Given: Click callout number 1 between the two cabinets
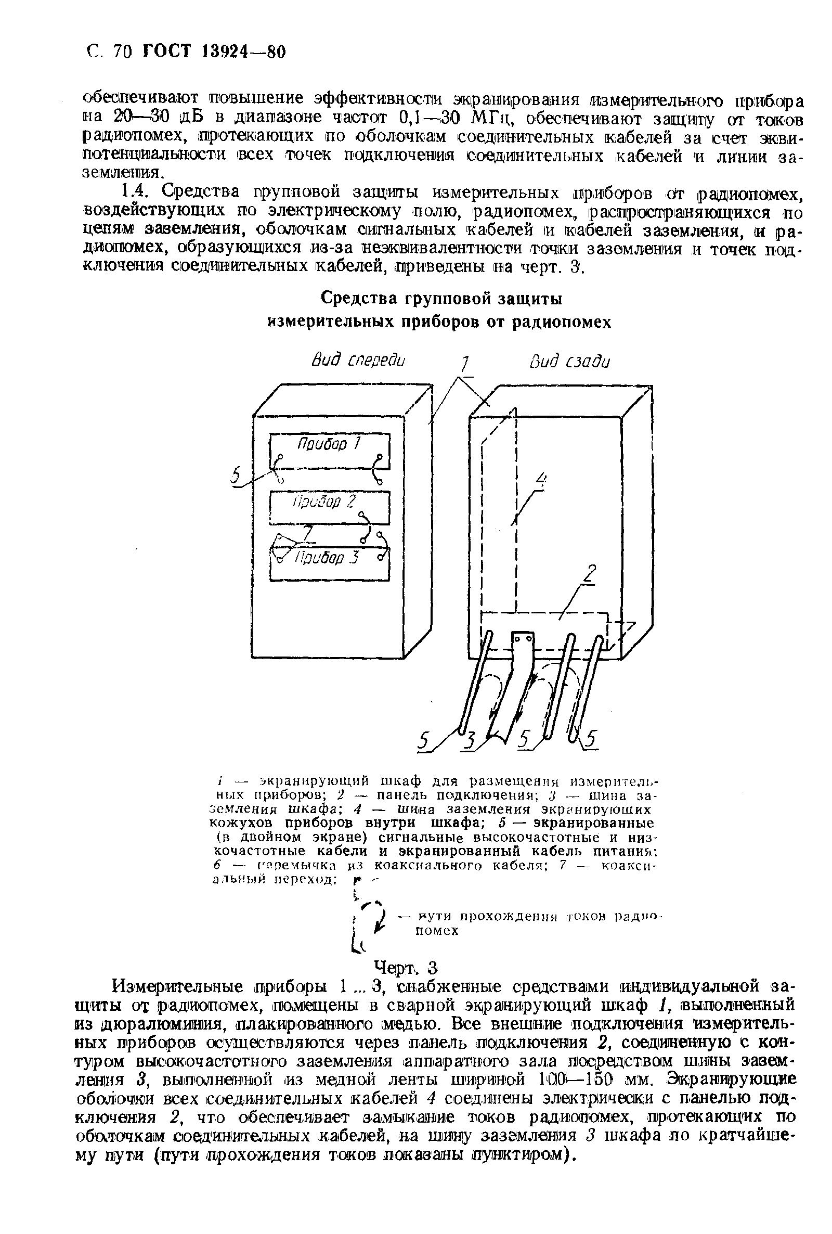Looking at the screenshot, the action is pyautogui.click(x=465, y=365).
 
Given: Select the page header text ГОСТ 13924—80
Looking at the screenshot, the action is pyautogui.click(x=214, y=52).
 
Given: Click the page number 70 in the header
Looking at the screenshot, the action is pyautogui.click(x=122, y=52).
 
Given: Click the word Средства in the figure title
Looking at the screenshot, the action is pyautogui.click(x=361, y=299).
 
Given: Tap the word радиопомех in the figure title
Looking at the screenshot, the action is pyautogui.click(x=562, y=322).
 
